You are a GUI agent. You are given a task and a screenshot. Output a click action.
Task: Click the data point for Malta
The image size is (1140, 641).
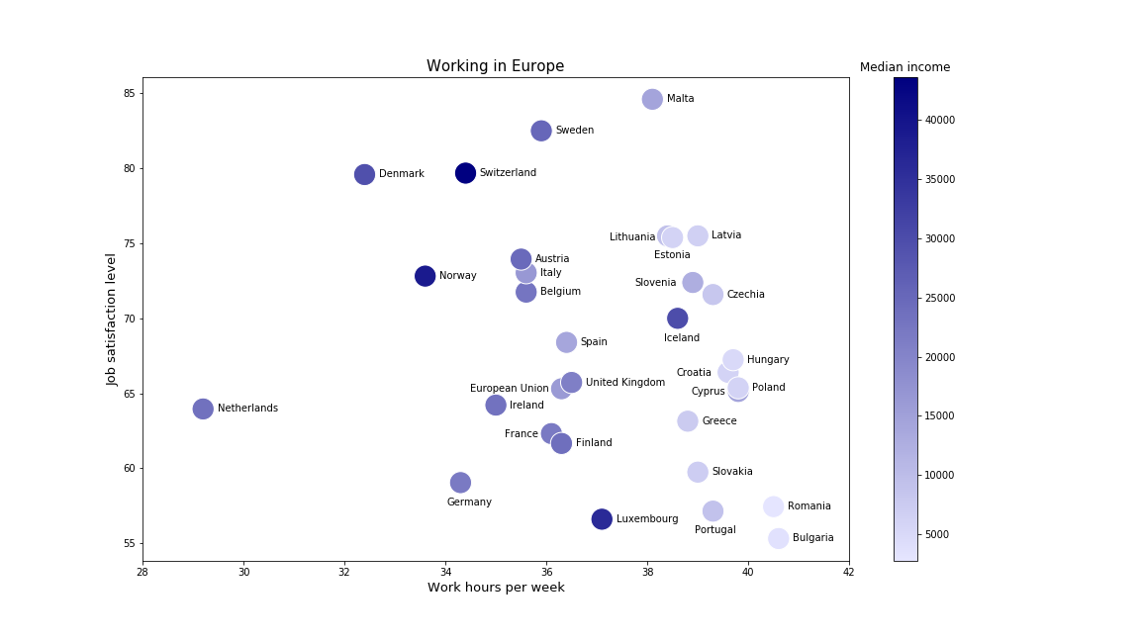click(652, 99)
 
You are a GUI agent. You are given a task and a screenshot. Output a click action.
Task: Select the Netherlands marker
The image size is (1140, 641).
click(203, 409)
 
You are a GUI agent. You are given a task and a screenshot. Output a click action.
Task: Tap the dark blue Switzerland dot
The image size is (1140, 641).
click(465, 173)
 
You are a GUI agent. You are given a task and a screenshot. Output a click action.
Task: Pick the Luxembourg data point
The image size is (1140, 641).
click(602, 519)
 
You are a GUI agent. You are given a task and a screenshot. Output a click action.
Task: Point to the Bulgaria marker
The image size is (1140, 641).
click(779, 538)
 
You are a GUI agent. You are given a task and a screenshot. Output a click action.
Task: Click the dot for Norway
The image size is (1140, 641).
click(426, 276)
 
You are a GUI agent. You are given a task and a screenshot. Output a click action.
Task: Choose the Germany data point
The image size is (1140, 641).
click(460, 483)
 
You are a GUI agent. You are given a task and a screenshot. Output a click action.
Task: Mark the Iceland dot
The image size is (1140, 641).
click(678, 319)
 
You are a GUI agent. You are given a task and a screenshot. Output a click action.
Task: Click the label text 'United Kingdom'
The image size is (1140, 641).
click(625, 383)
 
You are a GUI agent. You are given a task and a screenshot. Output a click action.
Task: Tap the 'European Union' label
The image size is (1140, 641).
click(509, 389)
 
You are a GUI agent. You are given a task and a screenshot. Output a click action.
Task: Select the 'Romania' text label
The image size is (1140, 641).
click(809, 506)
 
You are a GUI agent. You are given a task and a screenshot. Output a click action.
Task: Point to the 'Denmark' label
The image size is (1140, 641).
click(402, 174)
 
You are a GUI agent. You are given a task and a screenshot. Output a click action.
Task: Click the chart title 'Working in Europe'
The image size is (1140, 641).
click(495, 66)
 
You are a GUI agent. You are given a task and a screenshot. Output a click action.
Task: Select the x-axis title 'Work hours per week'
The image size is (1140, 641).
click(496, 588)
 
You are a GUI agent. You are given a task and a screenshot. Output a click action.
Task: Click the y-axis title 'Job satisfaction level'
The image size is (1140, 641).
click(112, 319)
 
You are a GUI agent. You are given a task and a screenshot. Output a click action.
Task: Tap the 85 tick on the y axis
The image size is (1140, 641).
click(129, 94)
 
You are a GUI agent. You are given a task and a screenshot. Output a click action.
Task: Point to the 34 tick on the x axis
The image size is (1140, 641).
click(445, 573)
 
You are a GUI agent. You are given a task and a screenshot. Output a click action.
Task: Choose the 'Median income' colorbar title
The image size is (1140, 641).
click(904, 67)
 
